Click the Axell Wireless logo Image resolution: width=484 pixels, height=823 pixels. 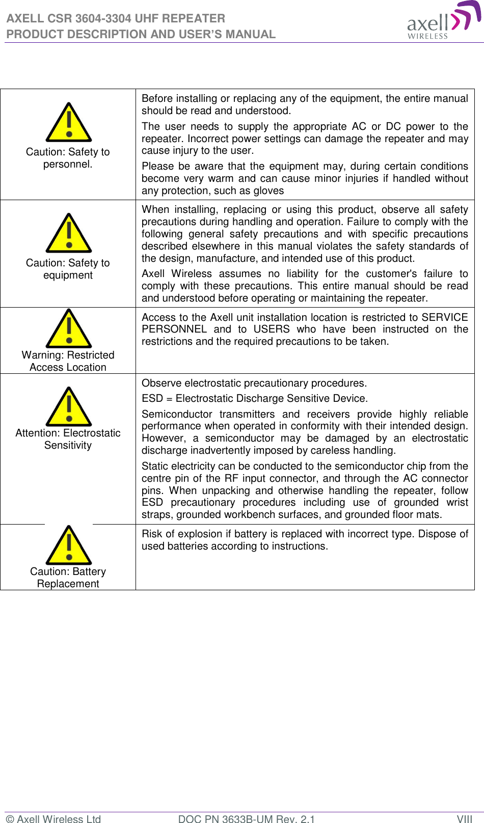pos(443,20)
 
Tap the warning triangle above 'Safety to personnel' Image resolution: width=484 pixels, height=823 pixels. pos(69,123)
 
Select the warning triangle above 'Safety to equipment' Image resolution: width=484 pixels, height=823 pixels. pos(69,234)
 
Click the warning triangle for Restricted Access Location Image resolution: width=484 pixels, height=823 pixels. pos(69,330)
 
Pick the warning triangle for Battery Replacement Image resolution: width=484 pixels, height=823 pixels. pos(69,546)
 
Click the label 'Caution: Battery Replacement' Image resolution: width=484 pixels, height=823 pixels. pos(68,578)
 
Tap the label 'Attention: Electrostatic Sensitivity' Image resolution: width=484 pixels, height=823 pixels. pos(68,439)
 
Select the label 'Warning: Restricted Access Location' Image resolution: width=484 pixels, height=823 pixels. pos(68,361)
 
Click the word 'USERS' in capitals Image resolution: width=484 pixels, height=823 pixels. pos(272,330)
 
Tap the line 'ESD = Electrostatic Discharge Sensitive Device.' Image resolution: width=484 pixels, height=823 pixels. pos(254,399)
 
